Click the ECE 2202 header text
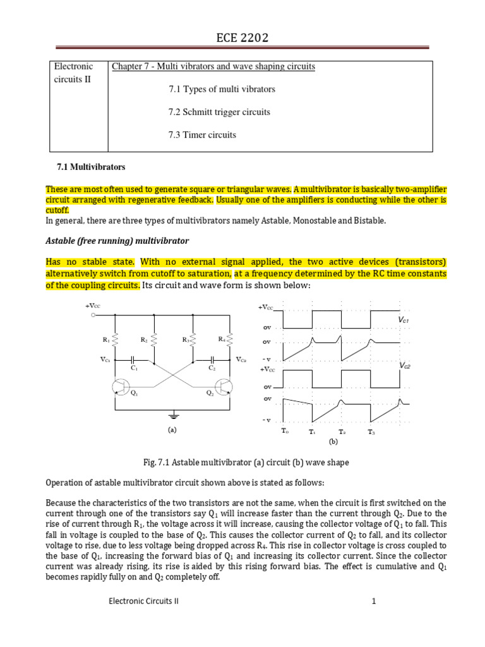coord(242,39)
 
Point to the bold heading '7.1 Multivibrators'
coord(91,167)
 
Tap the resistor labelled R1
coord(114,341)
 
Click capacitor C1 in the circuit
coord(134,361)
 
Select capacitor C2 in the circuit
coord(212,361)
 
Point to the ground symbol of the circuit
coord(173,416)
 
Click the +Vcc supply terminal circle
coord(93,314)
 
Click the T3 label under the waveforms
coord(371,432)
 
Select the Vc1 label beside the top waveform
coord(404,321)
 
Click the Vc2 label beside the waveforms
coord(404,366)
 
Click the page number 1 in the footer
coord(374,602)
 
